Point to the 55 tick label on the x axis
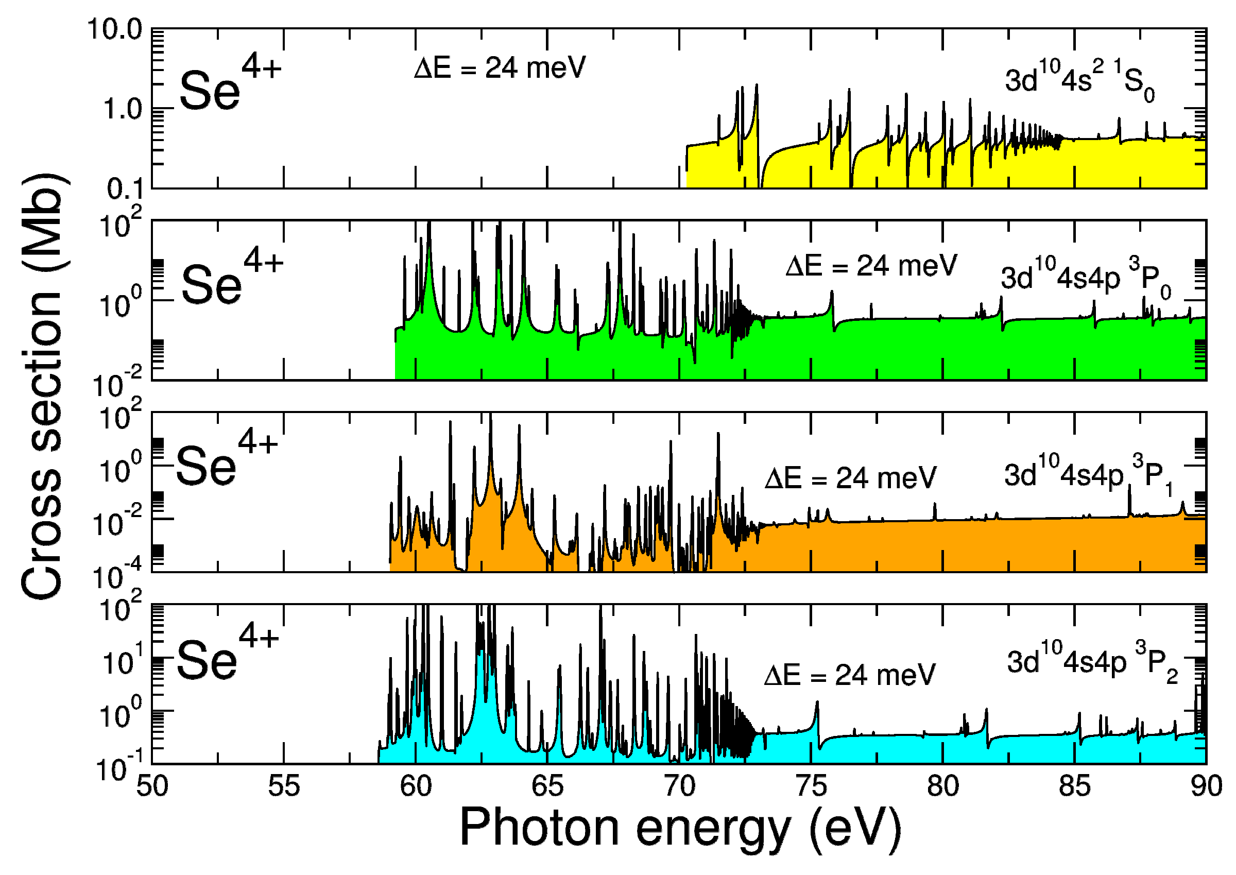pos(284,786)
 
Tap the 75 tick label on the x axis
pos(811,786)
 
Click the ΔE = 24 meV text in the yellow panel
pos(500,68)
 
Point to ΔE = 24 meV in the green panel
pos(871,266)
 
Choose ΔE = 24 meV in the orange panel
pos(851,478)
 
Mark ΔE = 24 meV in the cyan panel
pos(850,675)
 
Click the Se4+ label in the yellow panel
pos(229,83)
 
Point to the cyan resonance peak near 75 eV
pos(817,703)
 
